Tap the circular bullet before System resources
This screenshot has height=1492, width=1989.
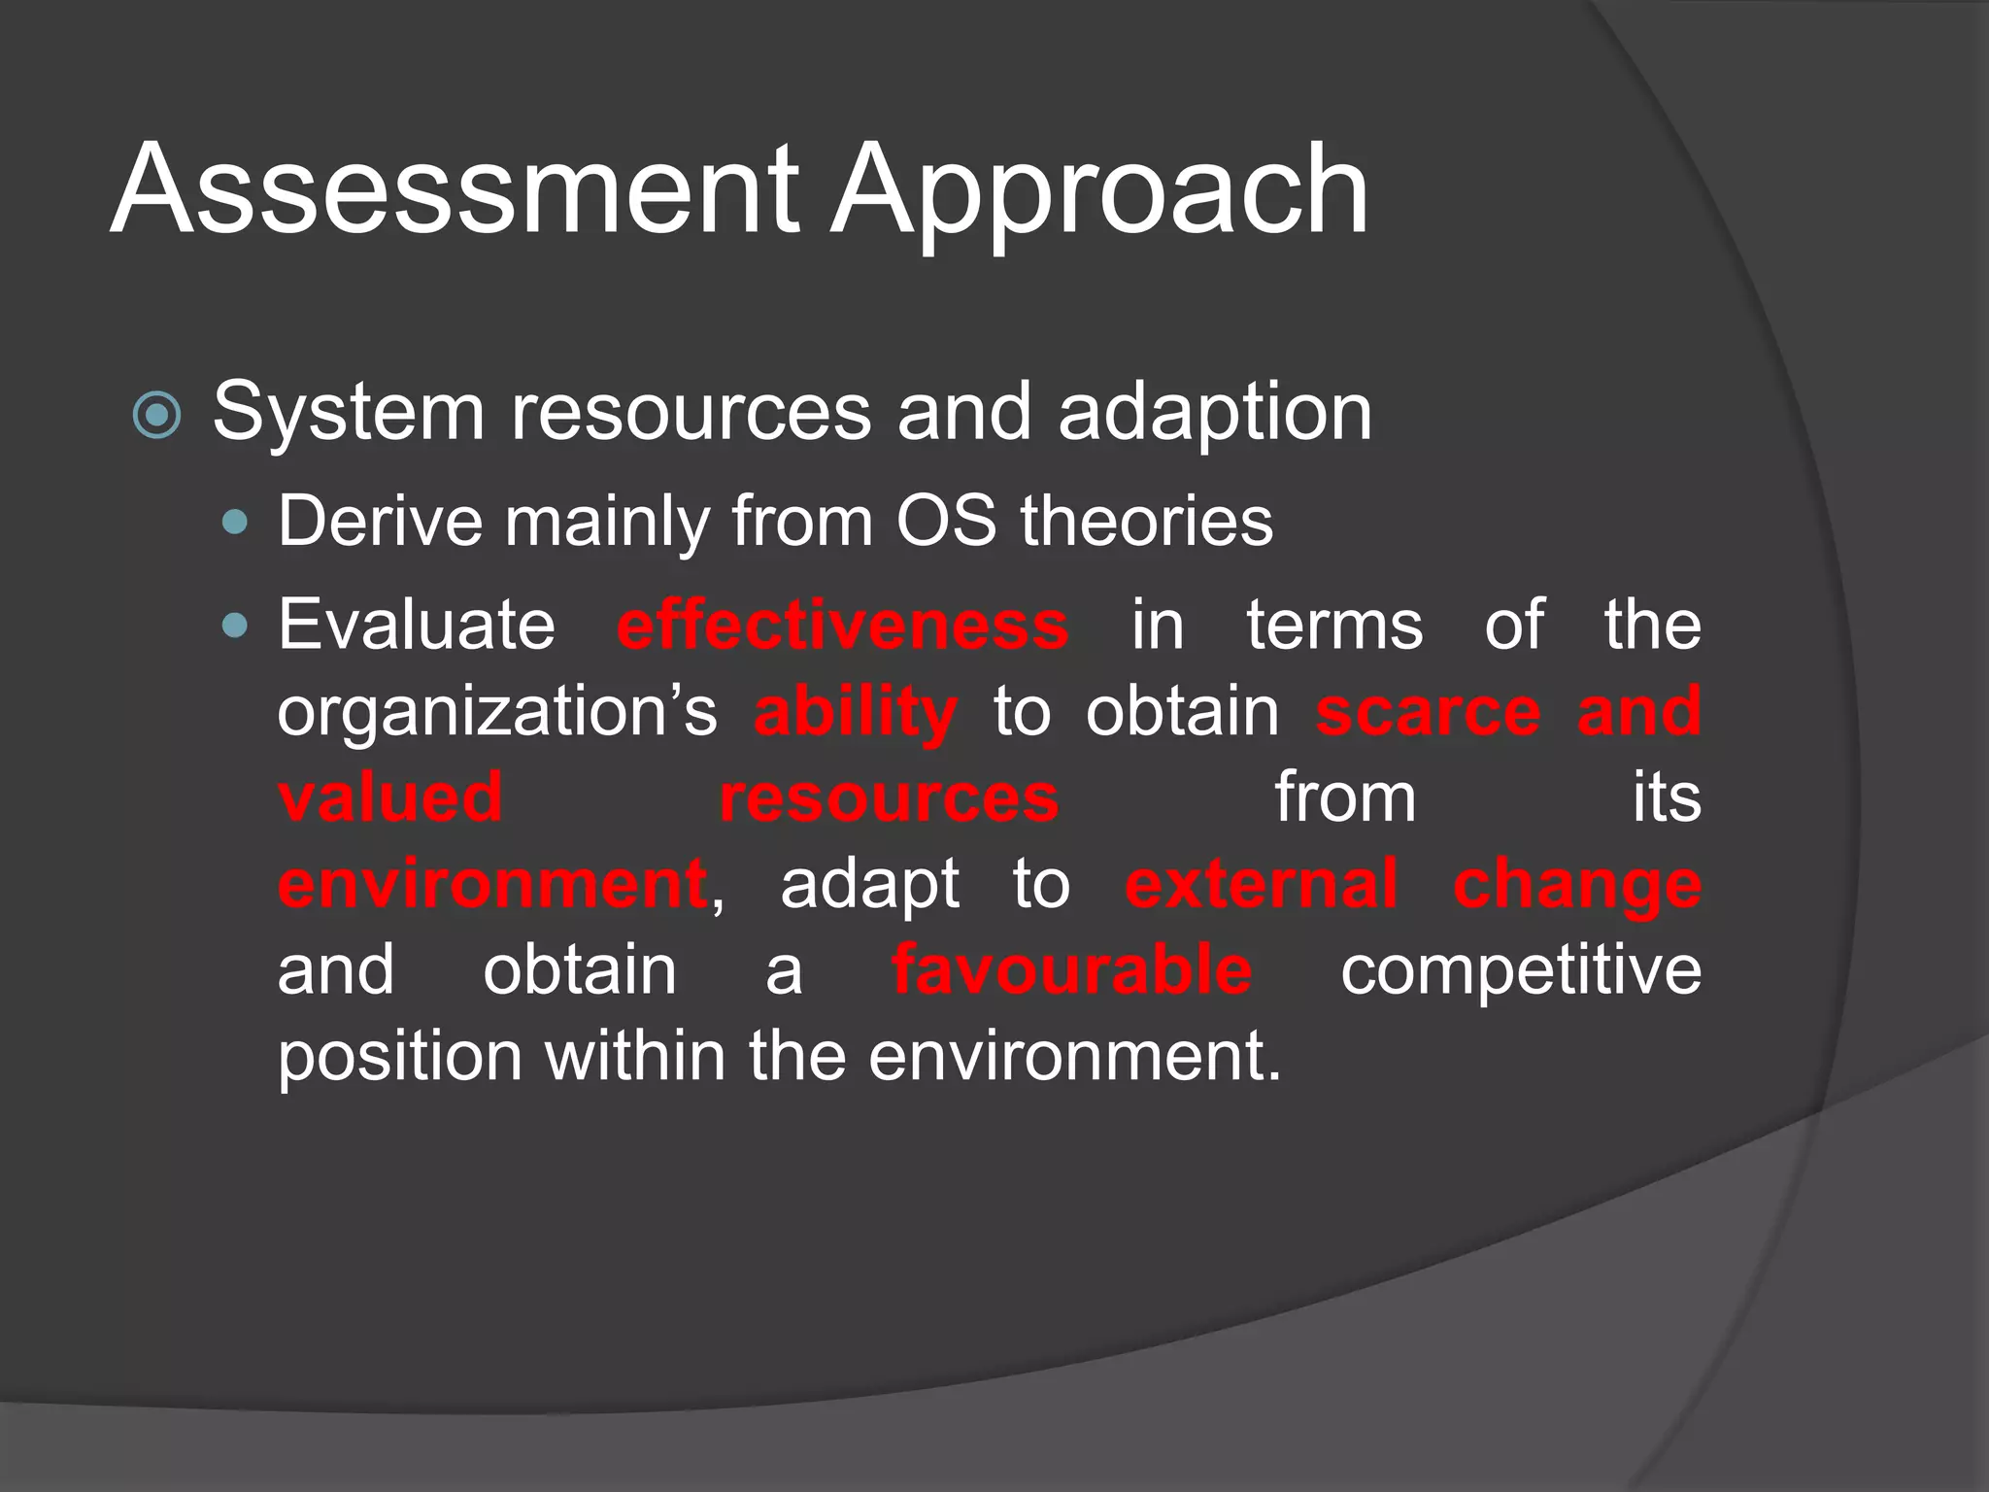tap(156, 416)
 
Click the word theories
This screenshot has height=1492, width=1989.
tap(1146, 522)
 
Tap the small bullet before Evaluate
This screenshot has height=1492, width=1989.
tap(235, 626)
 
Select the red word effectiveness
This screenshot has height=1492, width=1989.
tap(842, 625)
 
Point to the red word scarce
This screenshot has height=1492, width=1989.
tap(1428, 712)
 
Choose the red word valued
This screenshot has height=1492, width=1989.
tap(390, 797)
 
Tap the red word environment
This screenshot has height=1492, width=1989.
tap(492, 885)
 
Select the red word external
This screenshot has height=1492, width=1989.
tap(1261, 885)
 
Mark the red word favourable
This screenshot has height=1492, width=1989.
tap(1071, 970)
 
